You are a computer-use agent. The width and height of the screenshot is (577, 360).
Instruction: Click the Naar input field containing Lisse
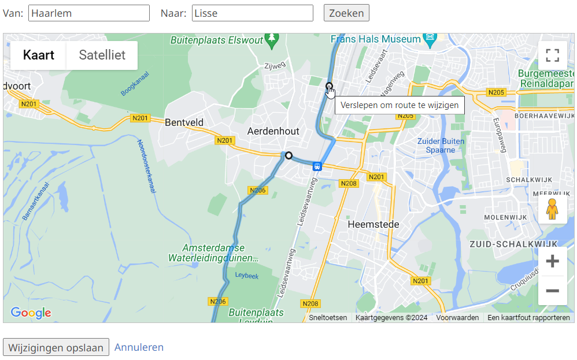[x=252, y=13]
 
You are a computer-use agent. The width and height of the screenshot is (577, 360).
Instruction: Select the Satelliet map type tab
[x=102, y=55]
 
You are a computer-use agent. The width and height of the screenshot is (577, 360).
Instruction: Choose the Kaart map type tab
[x=39, y=55]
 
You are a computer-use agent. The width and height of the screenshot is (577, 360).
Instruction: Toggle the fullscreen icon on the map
[x=552, y=55]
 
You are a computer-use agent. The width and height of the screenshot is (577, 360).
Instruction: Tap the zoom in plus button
[x=552, y=261]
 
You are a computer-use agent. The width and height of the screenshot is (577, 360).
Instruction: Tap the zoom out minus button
[x=552, y=290]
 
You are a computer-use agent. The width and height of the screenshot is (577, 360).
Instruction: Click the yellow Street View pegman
[x=552, y=210]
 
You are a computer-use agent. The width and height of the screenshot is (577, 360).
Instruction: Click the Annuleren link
[x=139, y=347]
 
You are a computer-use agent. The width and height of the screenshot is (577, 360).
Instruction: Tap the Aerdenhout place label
[x=273, y=131]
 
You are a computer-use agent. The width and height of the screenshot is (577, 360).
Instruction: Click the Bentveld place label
[x=184, y=123]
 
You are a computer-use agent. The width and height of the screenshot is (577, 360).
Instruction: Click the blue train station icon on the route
[x=317, y=166]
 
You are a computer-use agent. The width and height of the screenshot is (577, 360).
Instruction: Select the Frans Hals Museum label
[x=376, y=39]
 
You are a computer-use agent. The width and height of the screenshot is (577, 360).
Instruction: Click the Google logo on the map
[x=31, y=313]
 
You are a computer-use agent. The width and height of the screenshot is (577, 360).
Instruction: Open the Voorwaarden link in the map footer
[x=457, y=318]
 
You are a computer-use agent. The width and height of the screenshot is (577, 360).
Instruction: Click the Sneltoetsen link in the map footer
[x=328, y=318]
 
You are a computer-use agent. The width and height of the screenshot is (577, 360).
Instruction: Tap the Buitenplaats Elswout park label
[x=217, y=40]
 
